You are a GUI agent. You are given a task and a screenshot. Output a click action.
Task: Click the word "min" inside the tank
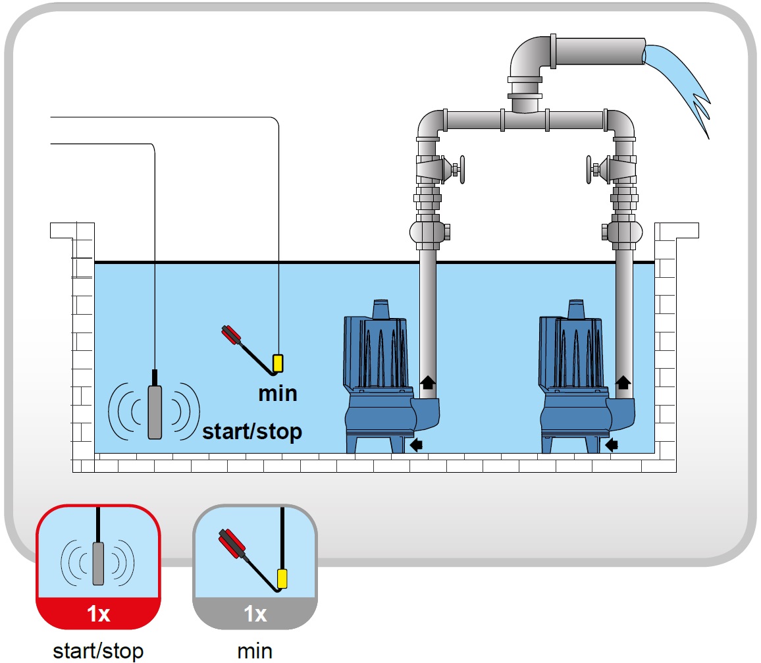tap(278, 393)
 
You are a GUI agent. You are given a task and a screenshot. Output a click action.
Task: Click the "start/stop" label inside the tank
tap(252, 431)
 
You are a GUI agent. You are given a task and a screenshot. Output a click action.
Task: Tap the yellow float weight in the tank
tap(278, 363)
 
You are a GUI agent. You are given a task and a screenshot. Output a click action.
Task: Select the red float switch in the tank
tap(232, 335)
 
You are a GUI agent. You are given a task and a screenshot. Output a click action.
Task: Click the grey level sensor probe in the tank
tap(154, 412)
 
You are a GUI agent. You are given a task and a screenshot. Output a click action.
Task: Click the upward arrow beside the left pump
tap(427, 383)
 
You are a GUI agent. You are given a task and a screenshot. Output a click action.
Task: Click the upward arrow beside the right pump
tap(623, 383)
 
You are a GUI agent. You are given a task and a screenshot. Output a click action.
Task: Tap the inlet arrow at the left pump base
tap(416, 444)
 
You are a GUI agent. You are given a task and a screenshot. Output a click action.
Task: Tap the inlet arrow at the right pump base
tap(612, 444)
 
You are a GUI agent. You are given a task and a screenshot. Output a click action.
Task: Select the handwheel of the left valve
tap(462, 170)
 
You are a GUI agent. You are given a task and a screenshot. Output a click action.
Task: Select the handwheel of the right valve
tap(589, 170)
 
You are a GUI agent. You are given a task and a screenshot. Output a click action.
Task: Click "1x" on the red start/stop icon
tap(98, 614)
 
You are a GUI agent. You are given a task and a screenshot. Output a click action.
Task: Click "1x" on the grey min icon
tap(255, 614)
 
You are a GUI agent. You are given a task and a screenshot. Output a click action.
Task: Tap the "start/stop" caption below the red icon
tap(98, 651)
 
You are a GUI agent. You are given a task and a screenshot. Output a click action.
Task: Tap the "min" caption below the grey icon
tap(255, 651)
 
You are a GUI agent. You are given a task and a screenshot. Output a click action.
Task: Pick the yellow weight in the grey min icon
tap(282, 579)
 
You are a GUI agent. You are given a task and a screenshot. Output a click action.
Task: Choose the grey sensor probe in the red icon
tap(98, 564)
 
